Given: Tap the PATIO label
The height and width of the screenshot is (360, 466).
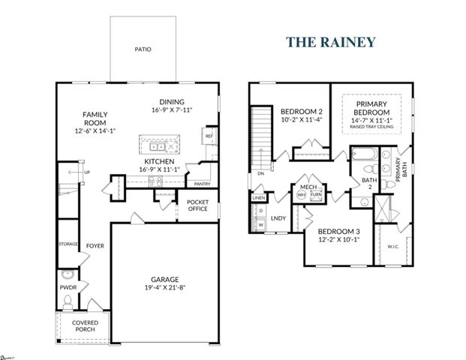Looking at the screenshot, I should (x=143, y=49).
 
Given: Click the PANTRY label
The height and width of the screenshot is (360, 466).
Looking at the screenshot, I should (x=201, y=184).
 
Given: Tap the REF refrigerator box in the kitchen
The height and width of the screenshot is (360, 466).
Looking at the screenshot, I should (x=208, y=137).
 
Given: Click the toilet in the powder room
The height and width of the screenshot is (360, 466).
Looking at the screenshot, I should (x=68, y=301).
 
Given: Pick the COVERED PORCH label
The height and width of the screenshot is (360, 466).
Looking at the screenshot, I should (x=84, y=325).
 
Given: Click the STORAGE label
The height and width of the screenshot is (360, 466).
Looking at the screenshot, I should (x=69, y=244).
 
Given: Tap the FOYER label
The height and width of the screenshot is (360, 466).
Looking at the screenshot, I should (x=95, y=245).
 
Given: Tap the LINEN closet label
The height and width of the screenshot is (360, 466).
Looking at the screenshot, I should (x=259, y=199).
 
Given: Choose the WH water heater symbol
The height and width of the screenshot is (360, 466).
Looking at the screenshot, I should (x=302, y=194).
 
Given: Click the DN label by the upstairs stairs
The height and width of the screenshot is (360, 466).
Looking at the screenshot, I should (x=260, y=173).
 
